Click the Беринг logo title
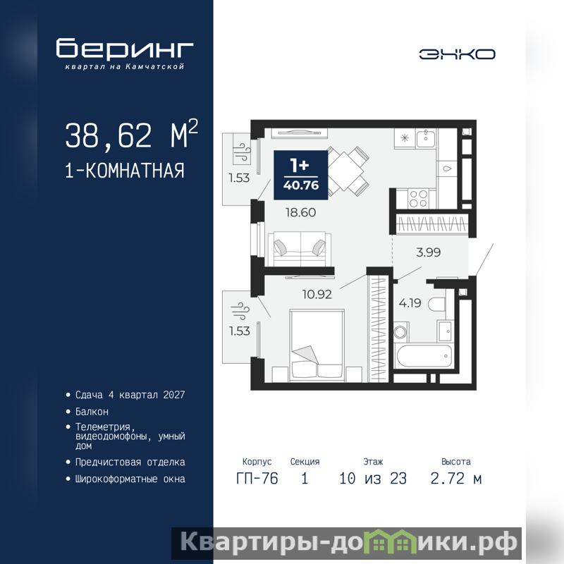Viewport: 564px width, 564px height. [125, 48]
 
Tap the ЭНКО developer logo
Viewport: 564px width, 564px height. [457, 54]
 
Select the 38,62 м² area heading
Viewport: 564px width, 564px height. [132, 135]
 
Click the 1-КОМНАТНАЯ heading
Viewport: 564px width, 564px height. [125, 171]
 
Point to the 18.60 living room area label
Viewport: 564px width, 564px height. [301, 212]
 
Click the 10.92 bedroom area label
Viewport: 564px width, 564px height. [317, 294]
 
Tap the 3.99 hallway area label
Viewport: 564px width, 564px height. [429, 252]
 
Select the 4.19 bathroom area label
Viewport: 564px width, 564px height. [410, 303]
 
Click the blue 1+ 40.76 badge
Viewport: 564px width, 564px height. [301, 175]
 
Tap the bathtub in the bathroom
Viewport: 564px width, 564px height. [424, 356]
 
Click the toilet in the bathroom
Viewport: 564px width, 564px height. [437, 304]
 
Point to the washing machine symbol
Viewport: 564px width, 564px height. [400, 331]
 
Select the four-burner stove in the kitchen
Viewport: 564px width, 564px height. [418, 199]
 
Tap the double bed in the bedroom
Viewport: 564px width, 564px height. [317, 345]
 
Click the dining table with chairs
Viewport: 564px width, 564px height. [347, 171]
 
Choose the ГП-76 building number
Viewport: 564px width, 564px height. [257, 479]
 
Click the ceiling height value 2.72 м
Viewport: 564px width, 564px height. [455, 479]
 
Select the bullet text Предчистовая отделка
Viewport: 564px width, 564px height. [130, 462]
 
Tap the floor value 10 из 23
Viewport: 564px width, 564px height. [373, 479]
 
